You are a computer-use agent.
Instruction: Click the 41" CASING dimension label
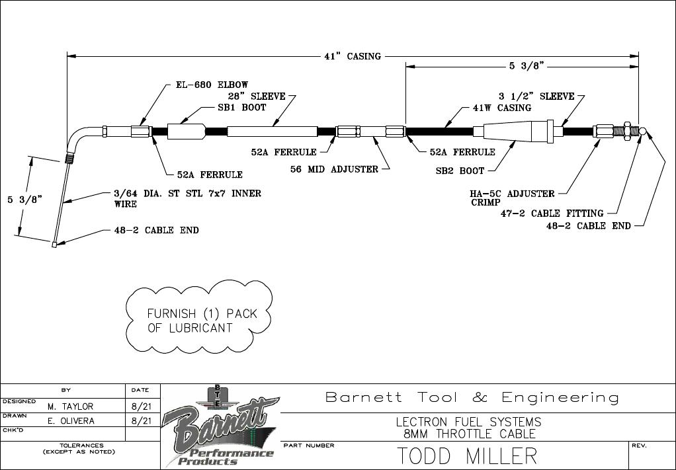(353, 56)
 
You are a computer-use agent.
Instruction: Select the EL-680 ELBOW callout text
(212, 85)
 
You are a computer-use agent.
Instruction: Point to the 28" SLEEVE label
(261, 96)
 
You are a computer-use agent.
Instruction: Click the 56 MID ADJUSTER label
(334, 169)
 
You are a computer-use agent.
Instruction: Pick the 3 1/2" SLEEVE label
(536, 96)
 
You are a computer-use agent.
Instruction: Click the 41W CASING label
(501, 108)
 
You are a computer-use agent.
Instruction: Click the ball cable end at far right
(644, 130)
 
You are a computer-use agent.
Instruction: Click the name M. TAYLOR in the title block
(70, 407)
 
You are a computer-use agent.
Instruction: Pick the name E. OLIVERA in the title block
(71, 421)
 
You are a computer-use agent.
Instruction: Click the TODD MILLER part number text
(467, 456)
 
